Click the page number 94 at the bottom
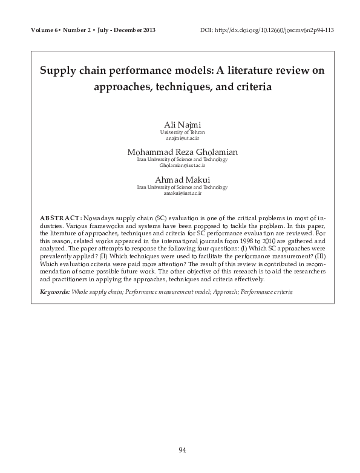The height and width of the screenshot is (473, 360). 181,449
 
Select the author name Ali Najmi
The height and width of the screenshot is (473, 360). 182,125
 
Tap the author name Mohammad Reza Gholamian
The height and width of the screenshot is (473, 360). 182,151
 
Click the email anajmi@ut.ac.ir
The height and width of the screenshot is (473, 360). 182,138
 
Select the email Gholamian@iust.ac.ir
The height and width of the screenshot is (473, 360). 182,165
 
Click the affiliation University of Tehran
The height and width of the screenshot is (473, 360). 182,132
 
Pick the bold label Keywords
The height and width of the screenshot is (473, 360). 54,292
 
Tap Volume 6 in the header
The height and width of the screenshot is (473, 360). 48,30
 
